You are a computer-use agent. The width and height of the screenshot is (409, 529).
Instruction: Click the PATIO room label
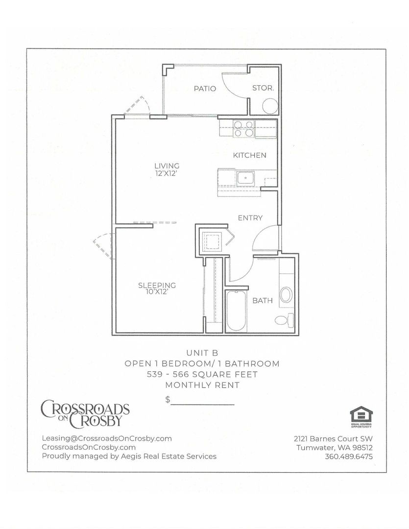tap(205, 88)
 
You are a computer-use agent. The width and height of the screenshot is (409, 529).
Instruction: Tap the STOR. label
tap(263, 88)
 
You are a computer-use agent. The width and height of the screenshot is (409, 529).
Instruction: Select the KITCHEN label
tap(250, 155)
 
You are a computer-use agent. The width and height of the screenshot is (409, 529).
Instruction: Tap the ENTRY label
tap(250, 218)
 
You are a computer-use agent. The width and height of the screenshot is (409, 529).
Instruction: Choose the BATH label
tap(263, 300)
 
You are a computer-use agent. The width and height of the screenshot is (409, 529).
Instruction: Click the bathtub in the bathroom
tap(236, 311)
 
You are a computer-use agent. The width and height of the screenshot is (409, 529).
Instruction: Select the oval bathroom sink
tap(286, 294)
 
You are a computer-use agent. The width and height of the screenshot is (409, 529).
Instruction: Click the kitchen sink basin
tap(246, 178)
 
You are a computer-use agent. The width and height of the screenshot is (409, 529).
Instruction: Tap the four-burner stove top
tap(243, 128)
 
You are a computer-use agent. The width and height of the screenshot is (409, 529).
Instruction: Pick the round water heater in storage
tap(270, 106)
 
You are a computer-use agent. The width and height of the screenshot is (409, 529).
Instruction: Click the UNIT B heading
tap(202, 353)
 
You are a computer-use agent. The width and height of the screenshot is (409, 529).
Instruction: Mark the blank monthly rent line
tap(202, 404)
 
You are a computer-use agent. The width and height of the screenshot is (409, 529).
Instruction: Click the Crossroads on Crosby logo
tap(85, 413)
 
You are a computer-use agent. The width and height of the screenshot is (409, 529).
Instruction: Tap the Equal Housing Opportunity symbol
tap(361, 417)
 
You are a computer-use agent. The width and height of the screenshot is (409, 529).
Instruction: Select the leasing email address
tap(107, 438)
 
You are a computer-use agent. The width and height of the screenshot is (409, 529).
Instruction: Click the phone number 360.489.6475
tap(349, 457)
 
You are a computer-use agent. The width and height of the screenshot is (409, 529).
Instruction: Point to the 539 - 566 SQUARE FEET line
tap(202, 374)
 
